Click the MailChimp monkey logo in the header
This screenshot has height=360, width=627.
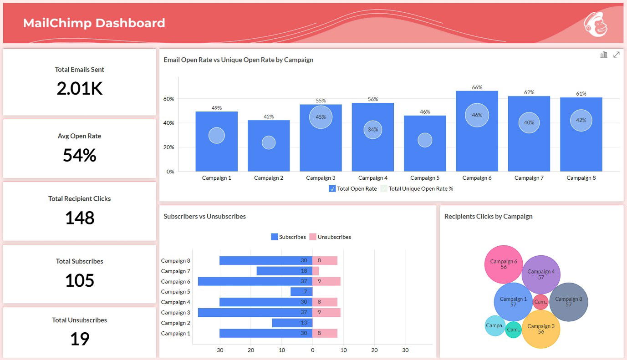pos(596,24)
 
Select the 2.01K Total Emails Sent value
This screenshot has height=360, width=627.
pos(80,88)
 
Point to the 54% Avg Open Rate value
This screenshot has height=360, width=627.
pos(80,155)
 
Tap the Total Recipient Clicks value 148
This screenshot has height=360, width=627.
pos(80,218)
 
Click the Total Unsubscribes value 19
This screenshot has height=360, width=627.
pos(80,339)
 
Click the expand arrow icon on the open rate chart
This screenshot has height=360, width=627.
pos(616,55)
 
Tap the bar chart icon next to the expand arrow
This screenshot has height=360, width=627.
pos(604,55)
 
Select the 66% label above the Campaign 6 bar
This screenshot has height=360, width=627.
pos(477,87)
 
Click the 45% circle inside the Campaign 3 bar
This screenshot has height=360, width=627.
pos(321,117)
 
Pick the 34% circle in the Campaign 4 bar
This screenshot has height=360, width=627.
pos(372,130)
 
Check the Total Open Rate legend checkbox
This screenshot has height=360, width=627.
pos(332,189)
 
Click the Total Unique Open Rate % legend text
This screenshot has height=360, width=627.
pos(421,189)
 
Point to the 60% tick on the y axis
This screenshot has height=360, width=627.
pos(168,99)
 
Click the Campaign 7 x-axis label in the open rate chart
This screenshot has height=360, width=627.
pos(529,178)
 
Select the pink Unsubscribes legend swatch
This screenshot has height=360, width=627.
pos(312,237)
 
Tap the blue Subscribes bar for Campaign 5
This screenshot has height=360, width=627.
pos(301,292)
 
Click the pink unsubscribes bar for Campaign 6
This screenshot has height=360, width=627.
pos(326,281)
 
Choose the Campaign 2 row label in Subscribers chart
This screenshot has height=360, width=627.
pos(175,323)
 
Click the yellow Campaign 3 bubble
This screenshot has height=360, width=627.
pos(540,329)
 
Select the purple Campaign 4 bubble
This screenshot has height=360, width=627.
pos(541,274)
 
